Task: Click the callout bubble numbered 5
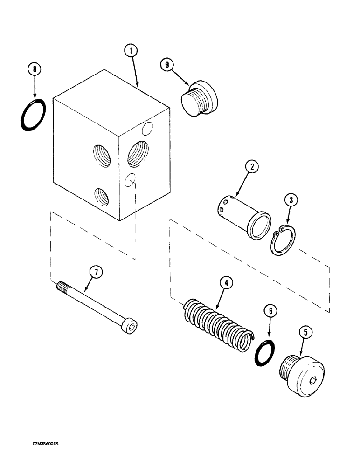pos(305,333)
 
